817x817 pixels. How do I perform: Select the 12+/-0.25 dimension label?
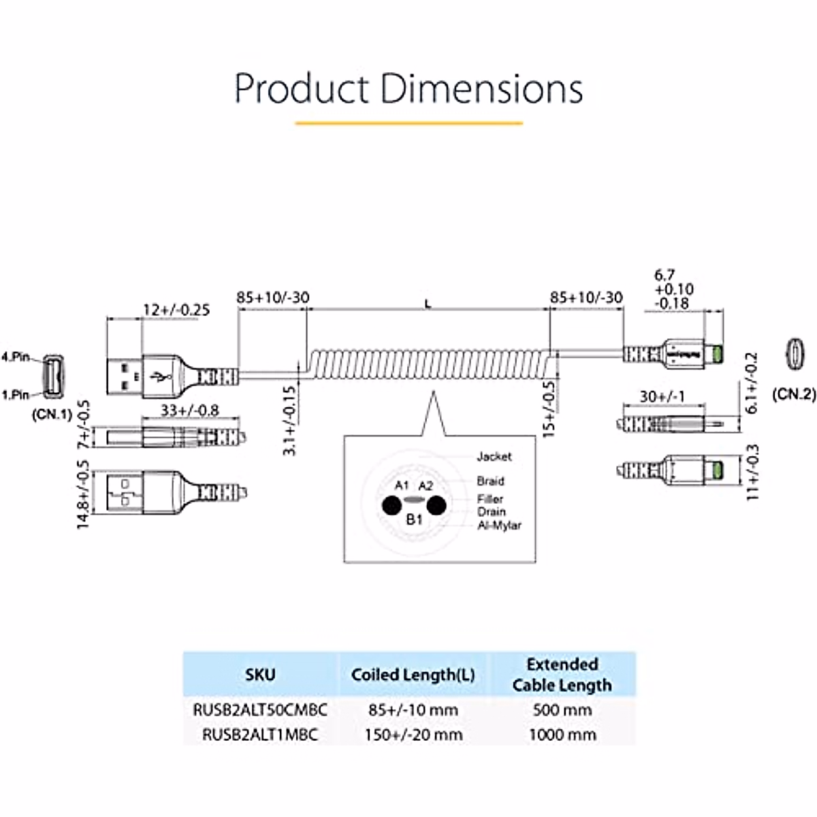coord(176,310)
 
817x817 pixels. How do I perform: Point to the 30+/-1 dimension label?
coord(662,396)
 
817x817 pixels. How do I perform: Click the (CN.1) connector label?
coord(52,414)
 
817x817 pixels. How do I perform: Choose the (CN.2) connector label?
coord(794,394)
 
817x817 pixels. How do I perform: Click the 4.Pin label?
coord(16,357)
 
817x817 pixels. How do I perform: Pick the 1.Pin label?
coord(16,394)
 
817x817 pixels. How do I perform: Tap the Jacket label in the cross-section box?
coord(494,456)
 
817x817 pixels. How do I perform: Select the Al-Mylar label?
coord(499,525)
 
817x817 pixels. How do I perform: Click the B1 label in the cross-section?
coord(415,520)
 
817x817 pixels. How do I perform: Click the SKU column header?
coord(260,675)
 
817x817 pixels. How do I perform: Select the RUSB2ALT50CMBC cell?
coord(260,710)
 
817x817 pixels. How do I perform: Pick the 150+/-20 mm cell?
coord(413,735)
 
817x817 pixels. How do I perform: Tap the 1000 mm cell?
coord(562,735)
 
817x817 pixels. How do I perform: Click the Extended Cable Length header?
coord(562,675)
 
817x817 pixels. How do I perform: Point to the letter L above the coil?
coord(428,304)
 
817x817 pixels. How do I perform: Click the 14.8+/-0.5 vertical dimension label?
coord(83,495)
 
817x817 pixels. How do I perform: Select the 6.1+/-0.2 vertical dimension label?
coord(752,383)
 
